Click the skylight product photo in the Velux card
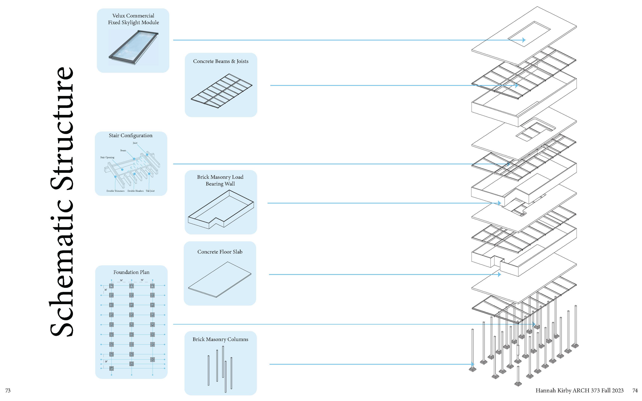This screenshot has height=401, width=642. point(133,47)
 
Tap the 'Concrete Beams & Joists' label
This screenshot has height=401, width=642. point(221,61)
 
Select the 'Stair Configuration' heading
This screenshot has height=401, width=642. point(130,135)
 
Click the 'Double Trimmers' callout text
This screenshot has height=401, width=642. point(115,191)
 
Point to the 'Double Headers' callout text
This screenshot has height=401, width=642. point(135,191)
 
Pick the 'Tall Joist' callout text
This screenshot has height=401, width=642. point(150,191)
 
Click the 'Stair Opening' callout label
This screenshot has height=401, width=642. point(107,158)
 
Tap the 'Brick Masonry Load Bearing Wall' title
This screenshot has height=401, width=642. point(220,180)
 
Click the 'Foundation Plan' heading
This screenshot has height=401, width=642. point(131,272)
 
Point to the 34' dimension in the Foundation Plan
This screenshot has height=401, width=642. point(106,290)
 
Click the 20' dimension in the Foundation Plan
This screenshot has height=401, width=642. point(106,361)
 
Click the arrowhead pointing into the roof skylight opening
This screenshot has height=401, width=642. point(524,40)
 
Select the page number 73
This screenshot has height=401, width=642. point(8,390)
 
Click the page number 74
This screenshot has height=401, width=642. point(635,390)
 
